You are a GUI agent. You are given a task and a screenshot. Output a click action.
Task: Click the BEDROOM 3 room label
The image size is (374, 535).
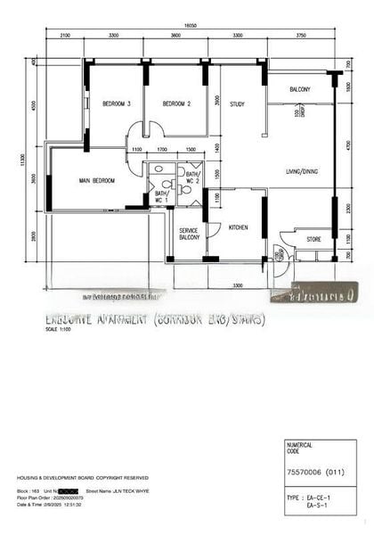tap(116, 104)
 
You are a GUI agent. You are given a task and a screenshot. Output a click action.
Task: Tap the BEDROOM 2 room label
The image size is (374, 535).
tap(177, 104)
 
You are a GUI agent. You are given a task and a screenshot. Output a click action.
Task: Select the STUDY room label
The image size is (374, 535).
tap(237, 104)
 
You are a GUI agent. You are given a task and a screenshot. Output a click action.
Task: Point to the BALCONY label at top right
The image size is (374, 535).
tap(299, 90)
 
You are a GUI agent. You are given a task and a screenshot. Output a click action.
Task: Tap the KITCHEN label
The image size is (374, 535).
tap(238, 228)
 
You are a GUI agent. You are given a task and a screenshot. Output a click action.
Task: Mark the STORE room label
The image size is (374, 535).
tap(313, 239)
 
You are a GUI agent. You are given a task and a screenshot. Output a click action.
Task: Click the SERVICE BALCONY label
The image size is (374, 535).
tap(189, 234)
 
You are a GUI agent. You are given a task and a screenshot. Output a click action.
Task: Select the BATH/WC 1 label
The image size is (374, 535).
tap(161, 196)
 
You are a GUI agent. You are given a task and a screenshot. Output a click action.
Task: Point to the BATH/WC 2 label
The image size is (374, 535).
tap(193, 177)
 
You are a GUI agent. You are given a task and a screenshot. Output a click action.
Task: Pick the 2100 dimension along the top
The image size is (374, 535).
tap(65, 35)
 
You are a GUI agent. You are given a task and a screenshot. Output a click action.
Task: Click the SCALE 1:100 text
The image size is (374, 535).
tap(57, 329)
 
